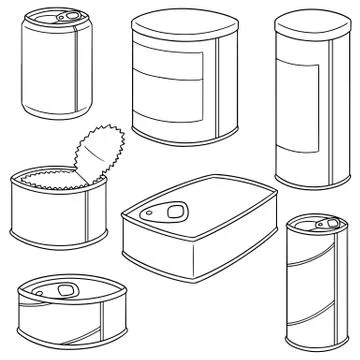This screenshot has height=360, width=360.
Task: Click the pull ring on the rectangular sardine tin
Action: tap(175, 209)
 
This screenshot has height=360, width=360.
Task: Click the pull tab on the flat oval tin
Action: tap(66, 291)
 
